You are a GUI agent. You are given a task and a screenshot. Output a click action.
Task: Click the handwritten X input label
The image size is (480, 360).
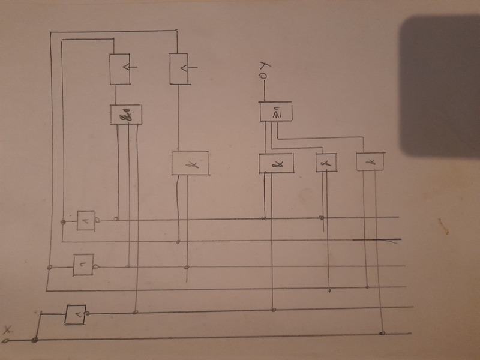[8, 329]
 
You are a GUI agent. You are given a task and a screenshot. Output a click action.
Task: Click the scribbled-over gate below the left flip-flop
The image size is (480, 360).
[126, 115]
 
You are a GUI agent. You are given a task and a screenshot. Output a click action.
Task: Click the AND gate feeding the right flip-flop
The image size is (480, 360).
[190, 163]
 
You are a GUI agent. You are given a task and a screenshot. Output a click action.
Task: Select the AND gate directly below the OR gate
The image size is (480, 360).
[275, 163]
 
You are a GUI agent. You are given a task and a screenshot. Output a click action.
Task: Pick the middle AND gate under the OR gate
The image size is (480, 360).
[326, 162]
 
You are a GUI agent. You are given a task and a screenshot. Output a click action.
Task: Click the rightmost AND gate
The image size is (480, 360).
[370, 161]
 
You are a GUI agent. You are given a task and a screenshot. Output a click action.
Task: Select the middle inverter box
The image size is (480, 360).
[83, 264]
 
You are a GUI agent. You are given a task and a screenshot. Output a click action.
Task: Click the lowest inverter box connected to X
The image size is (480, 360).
[76, 314]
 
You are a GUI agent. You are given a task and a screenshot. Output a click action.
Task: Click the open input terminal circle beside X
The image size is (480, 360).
[5, 341]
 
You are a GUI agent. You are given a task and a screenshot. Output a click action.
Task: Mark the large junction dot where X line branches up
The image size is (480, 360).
[35, 340]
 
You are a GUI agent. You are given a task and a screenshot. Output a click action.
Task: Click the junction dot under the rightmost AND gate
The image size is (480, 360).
[382, 332]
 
